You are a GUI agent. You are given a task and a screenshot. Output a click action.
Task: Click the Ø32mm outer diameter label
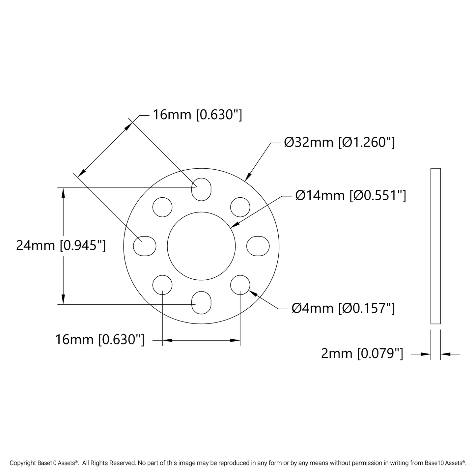(339, 142)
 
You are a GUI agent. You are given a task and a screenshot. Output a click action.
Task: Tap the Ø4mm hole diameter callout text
(343, 308)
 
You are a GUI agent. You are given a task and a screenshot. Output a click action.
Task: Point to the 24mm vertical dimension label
(61, 245)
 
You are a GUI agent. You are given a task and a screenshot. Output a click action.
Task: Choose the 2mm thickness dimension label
(362, 354)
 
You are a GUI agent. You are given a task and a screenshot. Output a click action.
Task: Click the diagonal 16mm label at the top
(197, 115)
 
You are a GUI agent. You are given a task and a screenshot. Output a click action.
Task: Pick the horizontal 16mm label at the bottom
(100, 340)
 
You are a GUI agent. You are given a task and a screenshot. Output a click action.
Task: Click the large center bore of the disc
(201, 246)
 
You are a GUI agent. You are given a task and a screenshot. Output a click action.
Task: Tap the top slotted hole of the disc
(201, 189)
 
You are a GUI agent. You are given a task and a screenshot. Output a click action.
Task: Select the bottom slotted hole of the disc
(201, 303)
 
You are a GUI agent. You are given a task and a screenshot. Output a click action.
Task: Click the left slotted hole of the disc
(145, 246)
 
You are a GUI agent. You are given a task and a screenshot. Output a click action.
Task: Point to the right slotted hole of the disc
(258, 246)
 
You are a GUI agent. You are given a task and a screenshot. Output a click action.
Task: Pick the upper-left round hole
(162, 207)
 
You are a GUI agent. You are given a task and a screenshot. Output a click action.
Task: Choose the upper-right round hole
(240, 207)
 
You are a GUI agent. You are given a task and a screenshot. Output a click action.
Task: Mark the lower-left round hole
(162, 285)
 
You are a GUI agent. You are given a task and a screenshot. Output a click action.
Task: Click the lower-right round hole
(240, 285)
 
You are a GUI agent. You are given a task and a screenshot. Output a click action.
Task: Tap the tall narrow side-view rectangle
(435, 246)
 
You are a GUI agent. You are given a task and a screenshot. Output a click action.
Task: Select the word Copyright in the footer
(21, 463)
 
